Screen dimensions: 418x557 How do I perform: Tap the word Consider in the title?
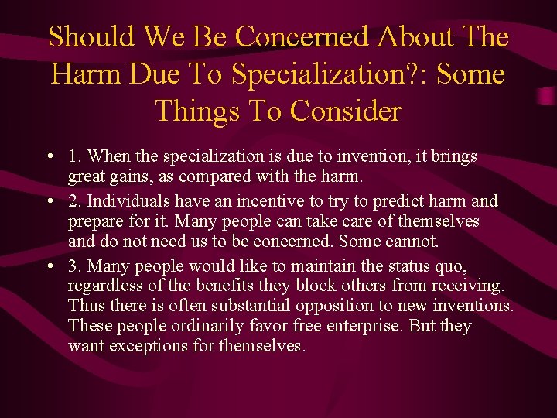pos(346,111)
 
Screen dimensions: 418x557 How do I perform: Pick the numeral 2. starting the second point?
pos(76,201)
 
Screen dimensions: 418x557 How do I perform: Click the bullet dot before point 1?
pos(49,157)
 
